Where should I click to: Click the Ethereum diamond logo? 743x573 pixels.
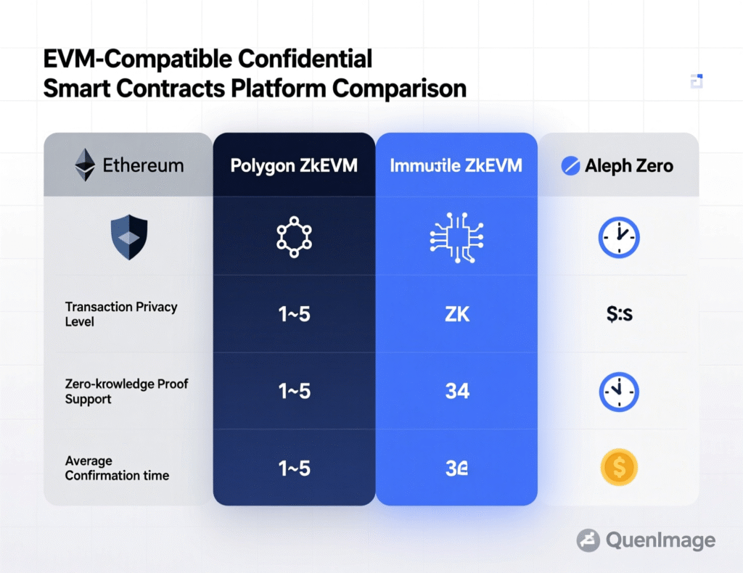coord(85,165)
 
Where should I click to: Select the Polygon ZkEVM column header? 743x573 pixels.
coord(294,165)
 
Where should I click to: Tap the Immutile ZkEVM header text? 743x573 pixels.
coord(456,165)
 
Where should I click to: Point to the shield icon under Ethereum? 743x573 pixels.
coord(128,236)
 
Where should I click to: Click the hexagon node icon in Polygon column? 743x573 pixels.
coord(294,236)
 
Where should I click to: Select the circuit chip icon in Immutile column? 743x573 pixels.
coord(456,236)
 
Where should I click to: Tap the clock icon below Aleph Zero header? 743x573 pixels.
coord(618,237)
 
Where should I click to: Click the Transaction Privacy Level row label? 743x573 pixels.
coord(120,313)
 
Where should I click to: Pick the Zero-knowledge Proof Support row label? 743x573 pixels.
coord(126,391)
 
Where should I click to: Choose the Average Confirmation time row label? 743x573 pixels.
coord(117,468)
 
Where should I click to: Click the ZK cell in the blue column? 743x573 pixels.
coord(456,314)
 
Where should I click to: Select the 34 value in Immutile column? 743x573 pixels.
coord(457,392)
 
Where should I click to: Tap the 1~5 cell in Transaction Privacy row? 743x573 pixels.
coord(294,314)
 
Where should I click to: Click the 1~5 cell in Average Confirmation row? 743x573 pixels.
coord(294,469)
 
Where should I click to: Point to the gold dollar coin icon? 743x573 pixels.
coord(619,468)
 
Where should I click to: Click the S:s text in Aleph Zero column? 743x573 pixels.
coord(618,314)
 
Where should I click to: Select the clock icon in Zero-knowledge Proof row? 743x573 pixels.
coord(618,392)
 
